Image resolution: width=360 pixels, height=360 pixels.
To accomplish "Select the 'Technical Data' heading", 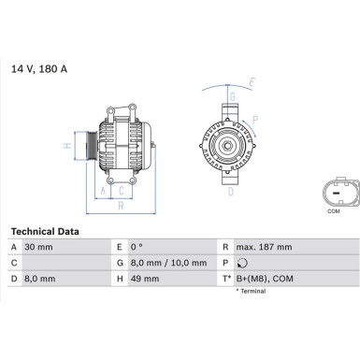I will (45, 230).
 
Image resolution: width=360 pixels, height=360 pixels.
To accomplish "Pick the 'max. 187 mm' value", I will (265, 247).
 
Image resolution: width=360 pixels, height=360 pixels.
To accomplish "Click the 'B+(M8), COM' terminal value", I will (265, 279).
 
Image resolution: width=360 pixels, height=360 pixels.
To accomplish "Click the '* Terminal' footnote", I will (248, 291).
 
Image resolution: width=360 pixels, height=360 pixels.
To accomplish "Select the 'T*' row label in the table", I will (227, 279).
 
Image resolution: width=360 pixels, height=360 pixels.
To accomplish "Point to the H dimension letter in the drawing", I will (66, 146).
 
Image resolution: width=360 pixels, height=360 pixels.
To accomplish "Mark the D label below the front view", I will (230, 193).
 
